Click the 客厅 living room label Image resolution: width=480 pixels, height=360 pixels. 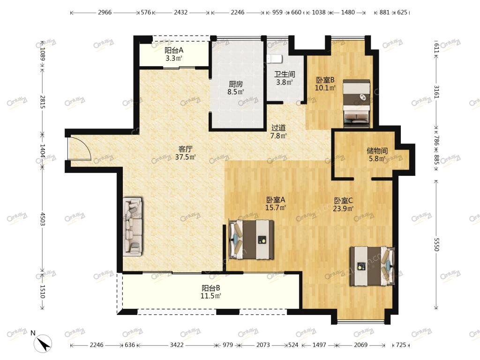click(x=185, y=149)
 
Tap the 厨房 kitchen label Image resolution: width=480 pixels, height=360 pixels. click(x=236, y=84)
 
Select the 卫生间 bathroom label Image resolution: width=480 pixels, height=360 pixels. click(x=285, y=75)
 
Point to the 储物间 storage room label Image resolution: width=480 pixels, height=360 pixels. click(x=377, y=150)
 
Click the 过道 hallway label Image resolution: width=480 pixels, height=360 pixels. click(x=278, y=127)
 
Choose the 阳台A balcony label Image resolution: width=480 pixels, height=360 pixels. click(x=174, y=50)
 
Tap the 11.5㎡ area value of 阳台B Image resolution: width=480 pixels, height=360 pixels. click(x=210, y=296)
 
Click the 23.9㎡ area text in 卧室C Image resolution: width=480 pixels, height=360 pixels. click(x=343, y=209)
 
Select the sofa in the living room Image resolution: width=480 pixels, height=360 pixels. click(x=133, y=226)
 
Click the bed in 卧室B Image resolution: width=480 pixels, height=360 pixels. click(x=356, y=104)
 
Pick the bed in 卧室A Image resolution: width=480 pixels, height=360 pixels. click(x=251, y=239)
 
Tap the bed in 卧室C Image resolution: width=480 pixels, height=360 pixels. click(x=372, y=266)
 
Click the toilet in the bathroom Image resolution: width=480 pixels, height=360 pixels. click(x=272, y=59)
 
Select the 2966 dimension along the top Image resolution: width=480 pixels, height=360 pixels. click(x=105, y=13)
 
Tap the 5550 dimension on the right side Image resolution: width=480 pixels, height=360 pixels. click(x=437, y=244)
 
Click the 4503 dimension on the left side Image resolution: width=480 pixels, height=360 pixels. click(x=43, y=219)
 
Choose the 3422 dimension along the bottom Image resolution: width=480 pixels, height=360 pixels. click(x=177, y=345)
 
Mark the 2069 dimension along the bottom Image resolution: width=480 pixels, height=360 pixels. click(x=360, y=345)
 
